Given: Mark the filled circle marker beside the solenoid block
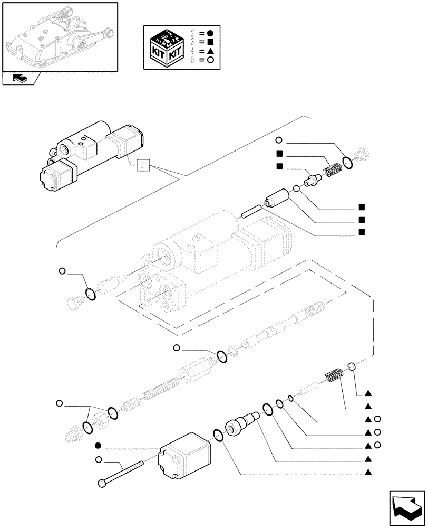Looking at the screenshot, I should coord(99,445).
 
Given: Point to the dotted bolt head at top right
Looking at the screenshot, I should coord(363,155).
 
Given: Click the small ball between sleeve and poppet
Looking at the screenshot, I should coord(297,189).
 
